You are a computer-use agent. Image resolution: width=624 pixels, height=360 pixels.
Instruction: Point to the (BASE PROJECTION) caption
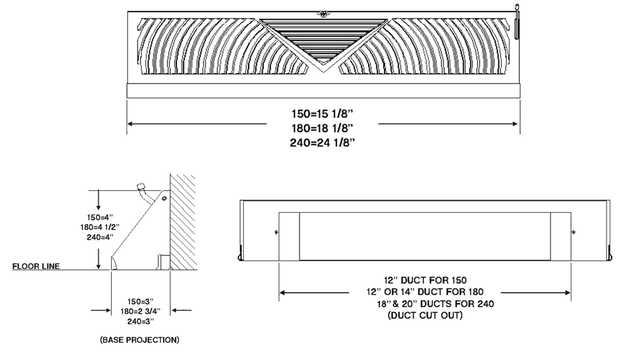point(139,340)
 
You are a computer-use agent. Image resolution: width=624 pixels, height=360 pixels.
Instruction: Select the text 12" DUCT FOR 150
point(425,280)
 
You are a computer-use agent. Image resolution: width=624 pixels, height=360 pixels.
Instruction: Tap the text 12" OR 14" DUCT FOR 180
point(425,291)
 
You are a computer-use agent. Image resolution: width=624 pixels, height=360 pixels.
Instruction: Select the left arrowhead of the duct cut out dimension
point(283,292)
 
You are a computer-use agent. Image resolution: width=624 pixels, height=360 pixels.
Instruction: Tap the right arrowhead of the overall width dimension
point(516,124)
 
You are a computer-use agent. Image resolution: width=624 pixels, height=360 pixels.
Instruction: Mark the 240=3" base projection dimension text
point(139,321)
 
